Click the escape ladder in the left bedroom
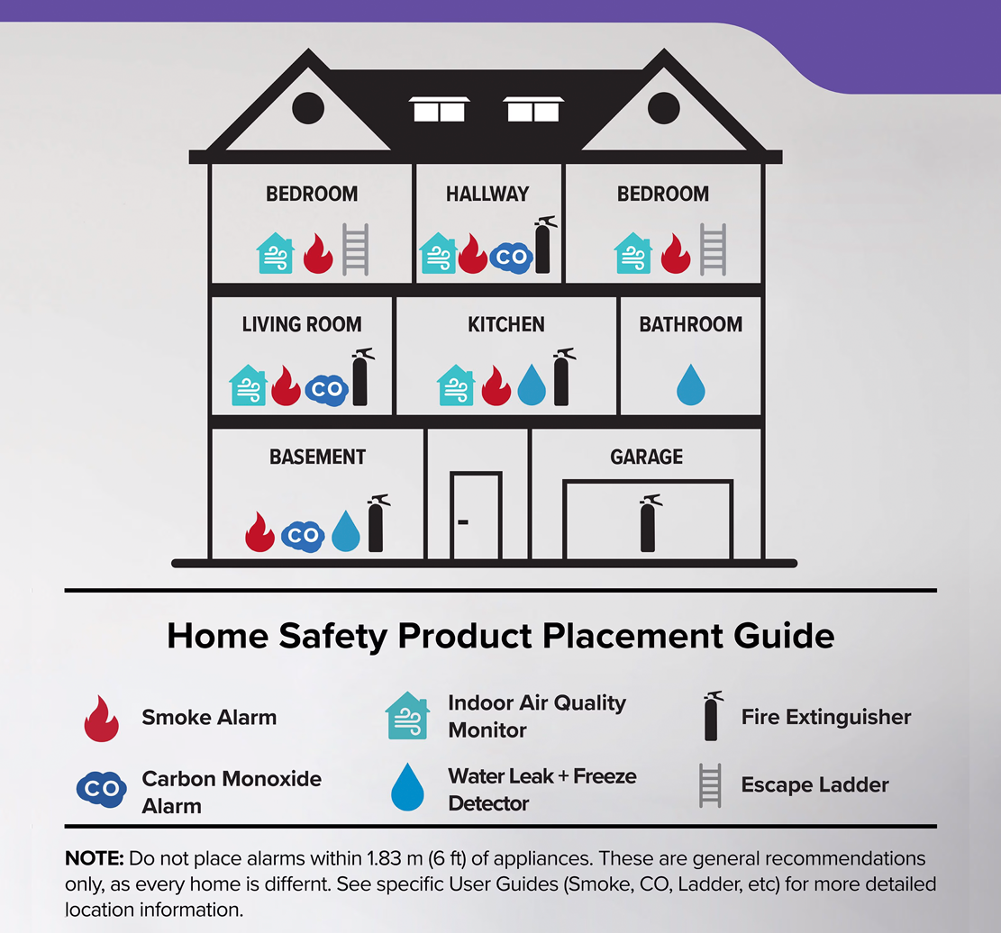[x=355, y=250]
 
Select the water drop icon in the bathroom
[x=690, y=385]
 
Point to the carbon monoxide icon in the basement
[x=303, y=535]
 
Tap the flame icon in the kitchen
[x=496, y=385]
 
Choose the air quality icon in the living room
[x=249, y=385]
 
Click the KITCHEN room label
[x=506, y=324]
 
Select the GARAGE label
[x=646, y=457]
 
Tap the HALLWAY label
[x=487, y=194]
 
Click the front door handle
[x=463, y=521]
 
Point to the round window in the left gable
[x=308, y=108]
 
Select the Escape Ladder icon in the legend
[x=710, y=785]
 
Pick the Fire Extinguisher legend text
[x=826, y=718]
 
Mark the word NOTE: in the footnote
[x=95, y=857]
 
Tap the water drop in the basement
[x=346, y=531]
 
